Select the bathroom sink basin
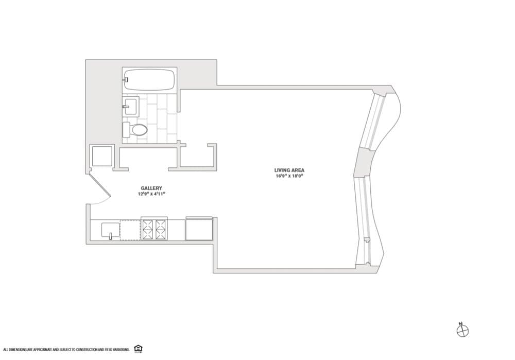pyautogui.click(x=131, y=107)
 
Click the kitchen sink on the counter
pyautogui.click(x=110, y=230)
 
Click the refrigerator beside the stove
pyautogui.click(x=199, y=229)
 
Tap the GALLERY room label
pyautogui.click(x=151, y=188)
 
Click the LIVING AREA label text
pyautogui.click(x=289, y=170)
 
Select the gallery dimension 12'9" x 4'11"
pyautogui.click(x=151, y=194)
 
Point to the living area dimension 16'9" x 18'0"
pyautogui.click(x=289, y=176)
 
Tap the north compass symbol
pyautogui.click(x=462, y=331)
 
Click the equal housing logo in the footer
pyautogui.click(x=138, y=349)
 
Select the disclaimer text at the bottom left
pyautogui.click(x=66, y=349)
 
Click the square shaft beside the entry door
pyautogui.click(x=101, y=156)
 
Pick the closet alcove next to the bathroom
pyautogui.click(x=196, y=157)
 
